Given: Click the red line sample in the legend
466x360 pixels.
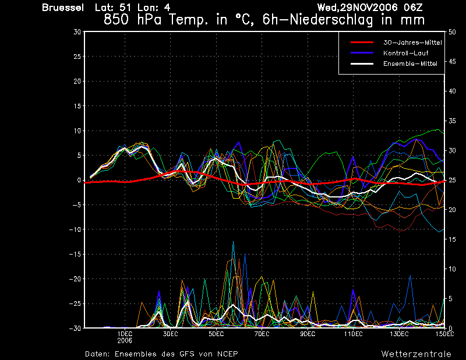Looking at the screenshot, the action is coord(362,42).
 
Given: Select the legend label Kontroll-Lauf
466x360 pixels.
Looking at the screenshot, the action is coord(405,53).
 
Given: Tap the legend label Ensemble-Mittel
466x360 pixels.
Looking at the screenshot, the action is coord(410,63).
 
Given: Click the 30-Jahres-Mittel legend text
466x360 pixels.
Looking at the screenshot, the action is coord(412,43).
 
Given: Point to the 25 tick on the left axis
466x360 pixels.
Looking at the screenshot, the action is coord(77,57).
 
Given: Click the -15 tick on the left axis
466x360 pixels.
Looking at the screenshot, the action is coord(75,255).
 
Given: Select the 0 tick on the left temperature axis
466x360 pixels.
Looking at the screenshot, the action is coord(79,180).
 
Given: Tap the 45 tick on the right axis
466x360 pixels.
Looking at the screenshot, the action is coord(452,62).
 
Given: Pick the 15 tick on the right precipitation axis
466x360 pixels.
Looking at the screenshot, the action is coord(452,239).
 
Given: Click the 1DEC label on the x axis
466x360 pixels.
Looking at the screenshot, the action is coord(125,334).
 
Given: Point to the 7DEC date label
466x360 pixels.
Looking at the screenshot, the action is coord(262,334).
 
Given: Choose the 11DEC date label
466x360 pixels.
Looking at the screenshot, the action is coord(354,334).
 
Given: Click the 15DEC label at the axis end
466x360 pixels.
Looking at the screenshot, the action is coord(445,334).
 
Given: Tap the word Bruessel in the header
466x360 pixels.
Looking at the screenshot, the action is coord(63,8).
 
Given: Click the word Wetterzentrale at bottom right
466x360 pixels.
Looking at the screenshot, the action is coord(416,354).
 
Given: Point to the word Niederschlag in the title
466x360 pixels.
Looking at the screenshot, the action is coord(331,20).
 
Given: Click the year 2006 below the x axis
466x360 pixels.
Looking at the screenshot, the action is coord(125,341).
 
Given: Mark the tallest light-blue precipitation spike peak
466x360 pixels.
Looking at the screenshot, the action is coord(234,242).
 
